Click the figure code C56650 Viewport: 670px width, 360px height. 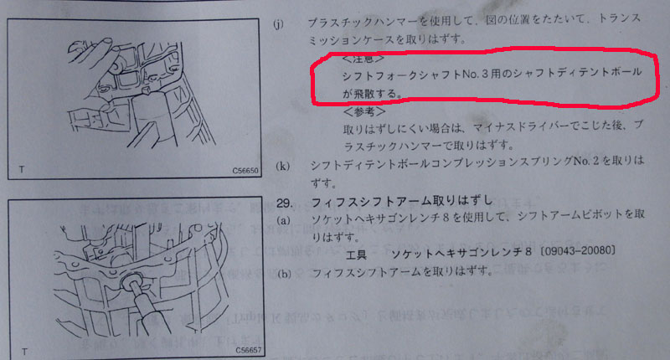point(245,171)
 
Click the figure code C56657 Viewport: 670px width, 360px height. point(248,351)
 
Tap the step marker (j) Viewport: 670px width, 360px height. point(278,24)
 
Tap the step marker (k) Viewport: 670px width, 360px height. point(282,166)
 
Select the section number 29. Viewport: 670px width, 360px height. point(284,203)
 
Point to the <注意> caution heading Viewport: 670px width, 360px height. point(363,59)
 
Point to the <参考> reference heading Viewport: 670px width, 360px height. point(364,112)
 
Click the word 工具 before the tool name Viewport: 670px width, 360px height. point(356,255)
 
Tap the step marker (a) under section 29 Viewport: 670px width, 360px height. point(283,220)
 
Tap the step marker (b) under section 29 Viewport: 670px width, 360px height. point(284,273)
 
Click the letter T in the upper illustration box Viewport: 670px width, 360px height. point(22,170)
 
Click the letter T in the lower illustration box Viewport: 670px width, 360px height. point(24,352)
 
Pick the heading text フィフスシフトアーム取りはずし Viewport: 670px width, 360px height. point(402,201)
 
